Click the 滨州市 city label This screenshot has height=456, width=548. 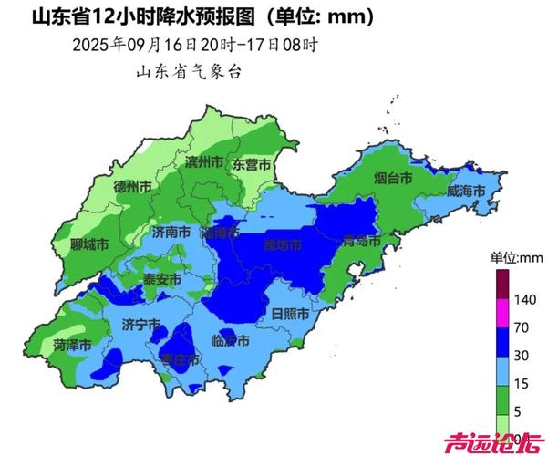204,162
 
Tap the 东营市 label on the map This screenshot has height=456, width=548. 251,165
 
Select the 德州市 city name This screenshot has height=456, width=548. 132,185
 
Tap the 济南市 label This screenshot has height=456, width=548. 171,233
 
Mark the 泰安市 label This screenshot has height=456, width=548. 162,279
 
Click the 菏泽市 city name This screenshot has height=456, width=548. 71,345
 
